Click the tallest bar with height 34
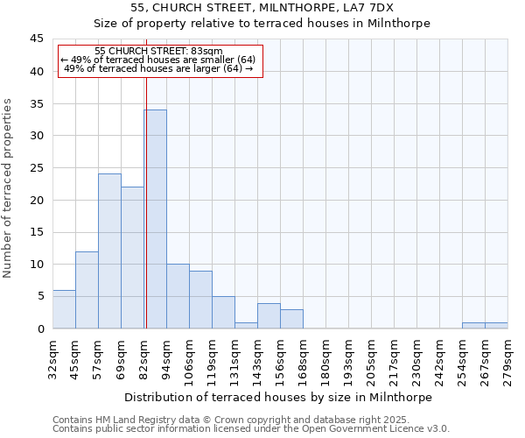pos(155,219)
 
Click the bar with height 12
pos(87,290)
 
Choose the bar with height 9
pos(200,300)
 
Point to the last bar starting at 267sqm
pos(496,326)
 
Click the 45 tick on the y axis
pos(37,39)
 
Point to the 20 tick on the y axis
pos(37,200)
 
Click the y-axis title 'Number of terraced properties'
pos(9,188)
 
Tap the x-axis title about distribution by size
pos(278,397)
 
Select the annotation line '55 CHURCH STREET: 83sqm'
pos(158,52)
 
